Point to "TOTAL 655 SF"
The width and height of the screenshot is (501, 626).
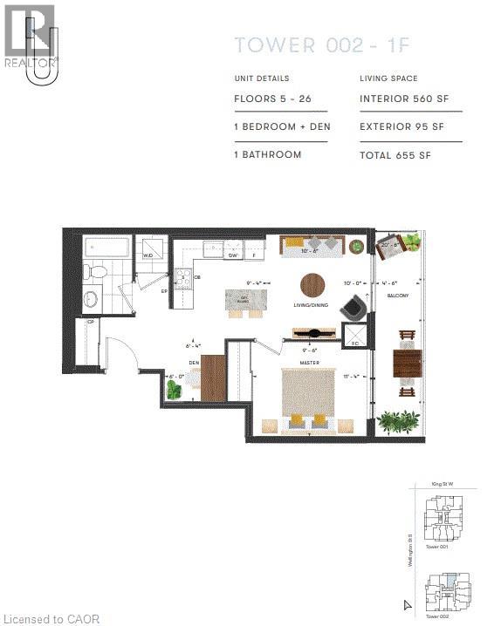pyautogui.click(x=395, y=154)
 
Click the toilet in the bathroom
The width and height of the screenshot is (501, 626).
pyautogui.click(x=98, y=272)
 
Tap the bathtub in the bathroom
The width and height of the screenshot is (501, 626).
pyautogui.click(x=106, y=248)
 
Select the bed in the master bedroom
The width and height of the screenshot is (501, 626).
pyautogui.click(x=307, y=398)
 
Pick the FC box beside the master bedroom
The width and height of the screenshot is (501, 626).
pyautogui.click(x=355, y=337)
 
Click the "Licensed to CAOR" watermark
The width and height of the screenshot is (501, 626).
pyautogui.click(x=51, y=619)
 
